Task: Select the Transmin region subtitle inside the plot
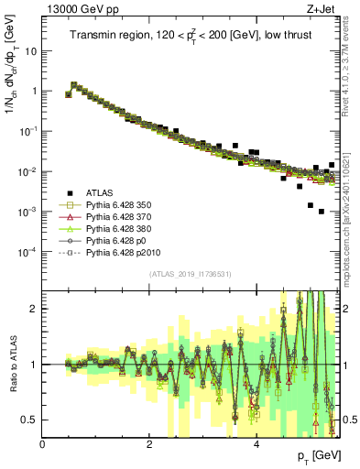tap(191, 35)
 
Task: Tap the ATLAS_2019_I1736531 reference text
tap(191, 274)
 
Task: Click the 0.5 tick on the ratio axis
tap(30, 420)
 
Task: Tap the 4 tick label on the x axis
tap(256, 443)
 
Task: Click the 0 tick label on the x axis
tap(43, 443)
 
